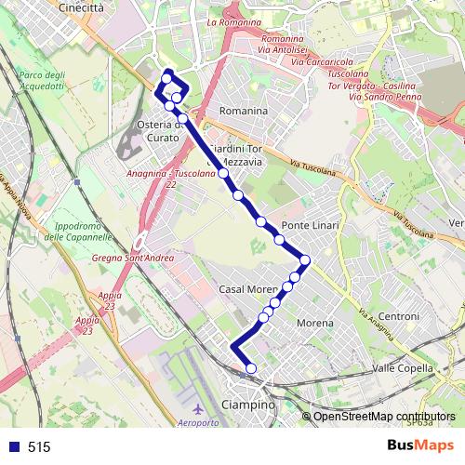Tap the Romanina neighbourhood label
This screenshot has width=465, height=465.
click(243, 111)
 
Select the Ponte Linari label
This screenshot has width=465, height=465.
click(311, 226)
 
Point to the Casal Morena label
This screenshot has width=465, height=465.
click(248, 289)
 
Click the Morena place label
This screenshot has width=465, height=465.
click(314, 323)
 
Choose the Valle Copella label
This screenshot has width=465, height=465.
click(403, 368)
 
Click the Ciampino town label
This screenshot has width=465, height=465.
click(249, 405)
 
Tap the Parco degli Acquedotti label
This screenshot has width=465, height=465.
click(42, 81)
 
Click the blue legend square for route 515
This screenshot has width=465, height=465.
click(13, 446)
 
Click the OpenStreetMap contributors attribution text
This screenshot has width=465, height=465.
click(383, 417)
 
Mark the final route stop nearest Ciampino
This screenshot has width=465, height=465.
click(249, 369)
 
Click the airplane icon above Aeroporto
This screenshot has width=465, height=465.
click(196, 408)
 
